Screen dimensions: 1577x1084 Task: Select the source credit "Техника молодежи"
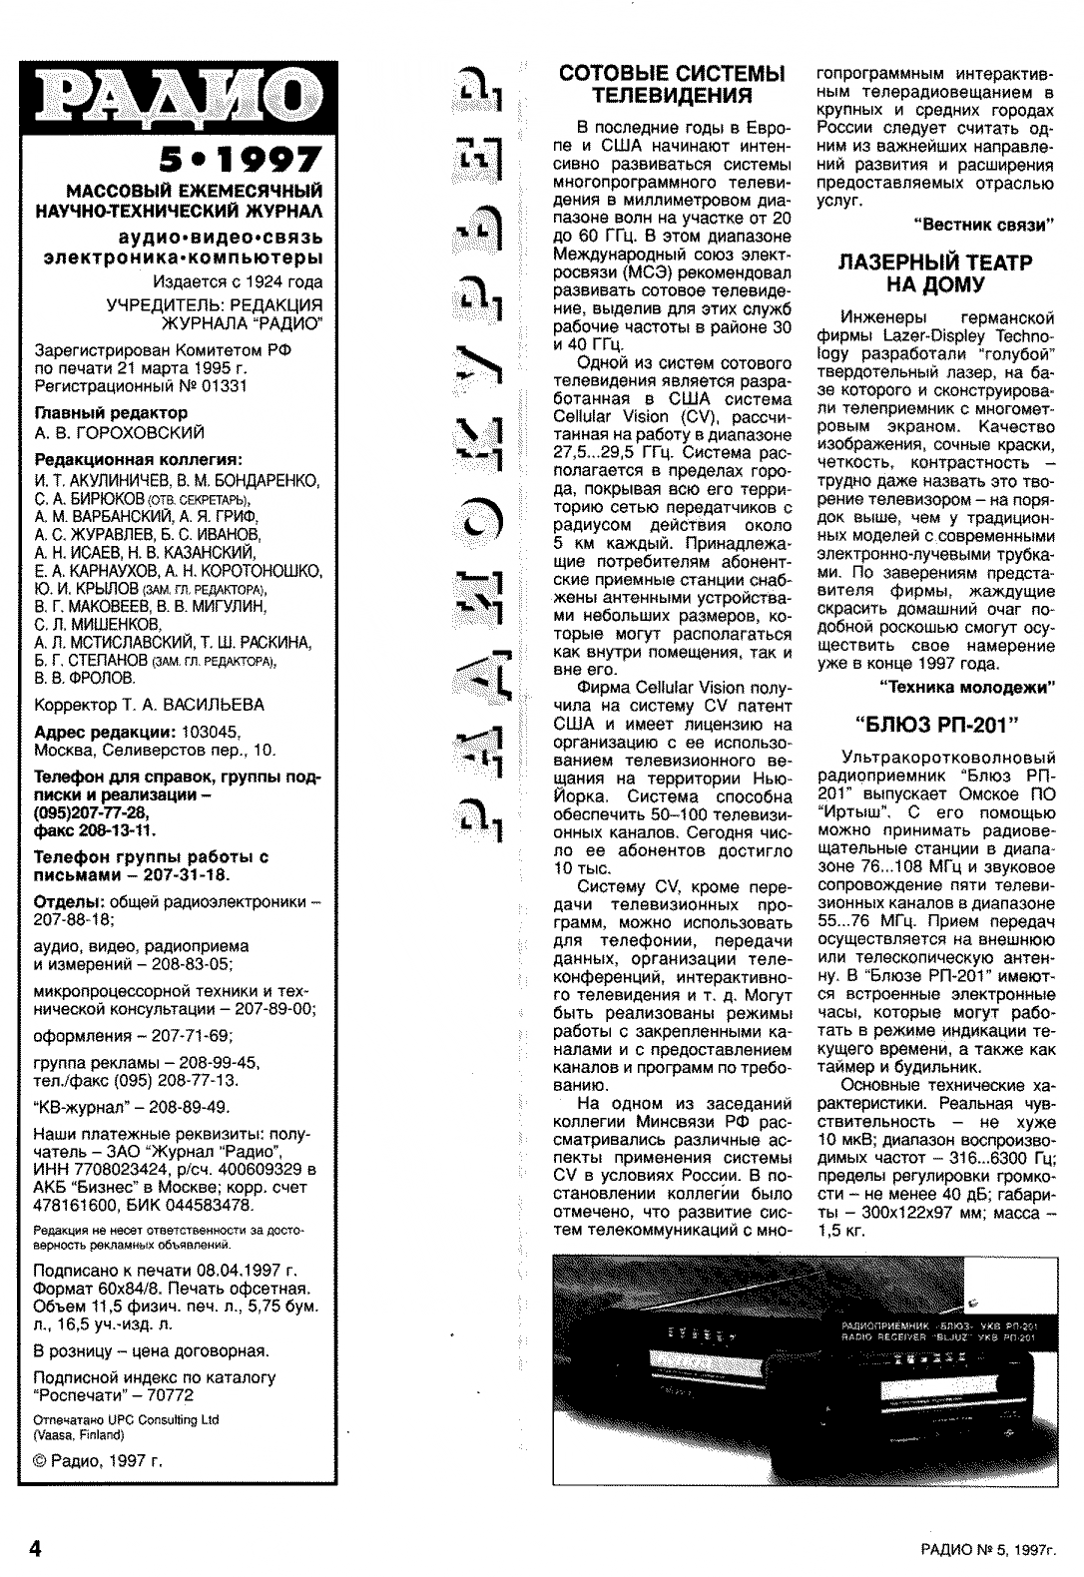967,687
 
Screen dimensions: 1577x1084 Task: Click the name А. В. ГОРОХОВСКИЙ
119,433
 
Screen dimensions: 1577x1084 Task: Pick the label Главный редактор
111,413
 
